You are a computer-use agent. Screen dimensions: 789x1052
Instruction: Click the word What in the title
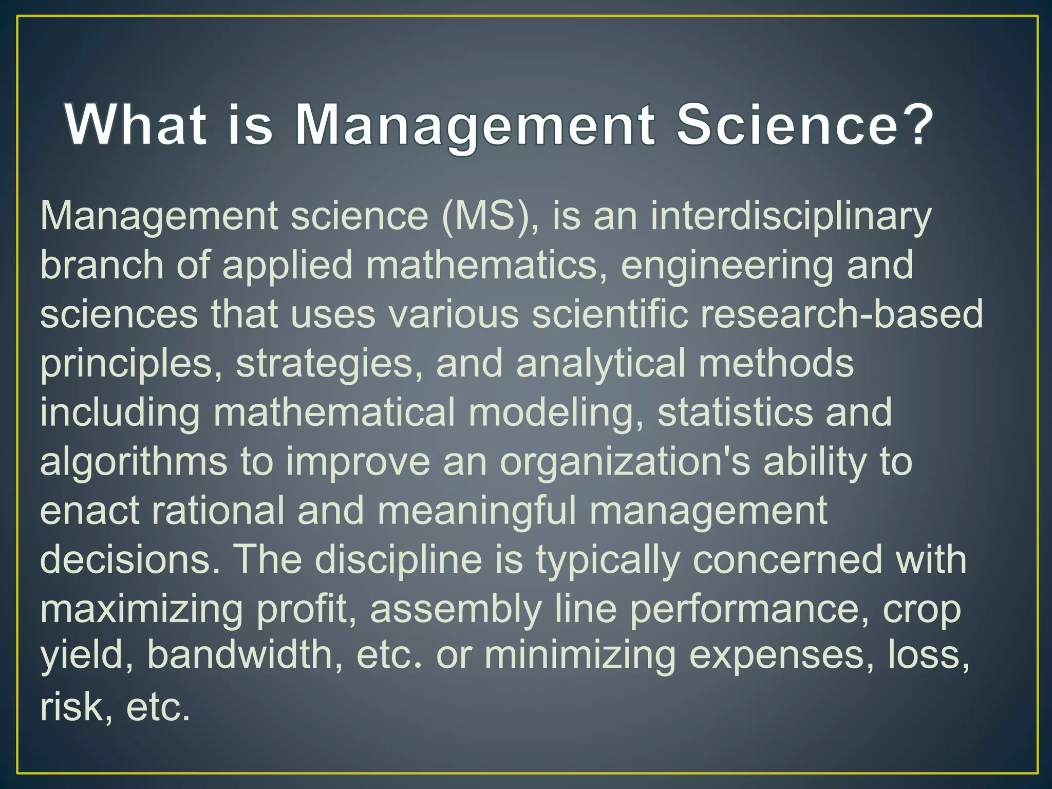(136, 125)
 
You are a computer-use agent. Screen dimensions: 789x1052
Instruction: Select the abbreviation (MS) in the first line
(490, 216)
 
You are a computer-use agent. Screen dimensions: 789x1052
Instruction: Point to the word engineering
(727, 266)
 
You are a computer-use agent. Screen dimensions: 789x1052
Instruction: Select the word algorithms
(134, 462)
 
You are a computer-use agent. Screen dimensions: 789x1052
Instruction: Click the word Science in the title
(786, 125)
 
